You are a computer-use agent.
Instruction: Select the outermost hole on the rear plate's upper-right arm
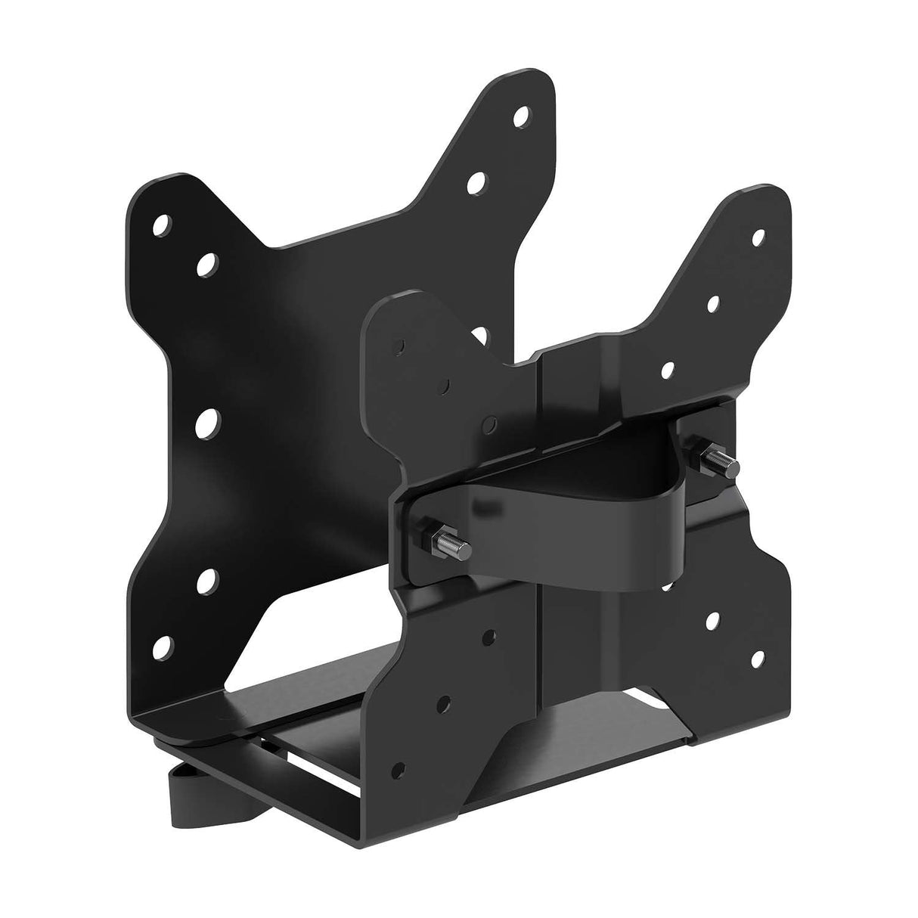pos(520,117)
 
